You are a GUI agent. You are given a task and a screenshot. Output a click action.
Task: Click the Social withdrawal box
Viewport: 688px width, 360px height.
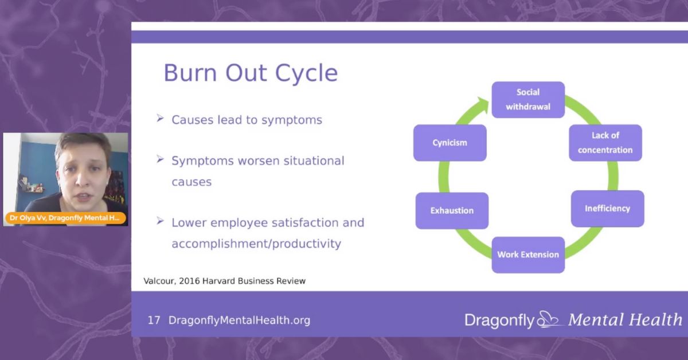(x=528, y=99)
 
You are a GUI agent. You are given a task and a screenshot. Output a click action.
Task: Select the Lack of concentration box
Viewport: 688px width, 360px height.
(x=605, y=143)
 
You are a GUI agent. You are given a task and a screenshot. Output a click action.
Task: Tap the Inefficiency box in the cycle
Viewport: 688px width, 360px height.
(x=607, y=208)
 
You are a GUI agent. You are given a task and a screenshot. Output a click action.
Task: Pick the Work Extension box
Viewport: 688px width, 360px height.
(x=528, y=254)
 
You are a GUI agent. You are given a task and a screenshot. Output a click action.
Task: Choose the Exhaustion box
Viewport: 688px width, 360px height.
(x=452, y=210)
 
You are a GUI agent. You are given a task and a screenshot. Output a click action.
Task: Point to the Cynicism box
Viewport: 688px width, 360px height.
(x=449, y=143)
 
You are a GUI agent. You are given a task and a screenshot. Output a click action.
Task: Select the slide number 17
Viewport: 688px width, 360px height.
(x=154, y=320)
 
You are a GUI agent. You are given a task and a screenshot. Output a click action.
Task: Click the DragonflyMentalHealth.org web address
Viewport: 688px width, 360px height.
(x=239, y=320)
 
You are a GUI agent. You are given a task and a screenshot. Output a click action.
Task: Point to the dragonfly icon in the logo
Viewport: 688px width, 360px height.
(x=549, y=319)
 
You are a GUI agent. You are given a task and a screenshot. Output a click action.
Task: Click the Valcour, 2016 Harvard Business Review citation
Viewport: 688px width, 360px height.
(x=224, y=281)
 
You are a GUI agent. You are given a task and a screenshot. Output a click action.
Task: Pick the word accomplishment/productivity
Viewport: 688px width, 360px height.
(x=256, y=244)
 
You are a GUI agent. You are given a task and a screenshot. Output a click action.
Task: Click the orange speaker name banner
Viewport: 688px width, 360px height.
(x=65, y=218)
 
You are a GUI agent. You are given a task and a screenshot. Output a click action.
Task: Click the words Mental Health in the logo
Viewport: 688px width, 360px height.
(x=625, y=320)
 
